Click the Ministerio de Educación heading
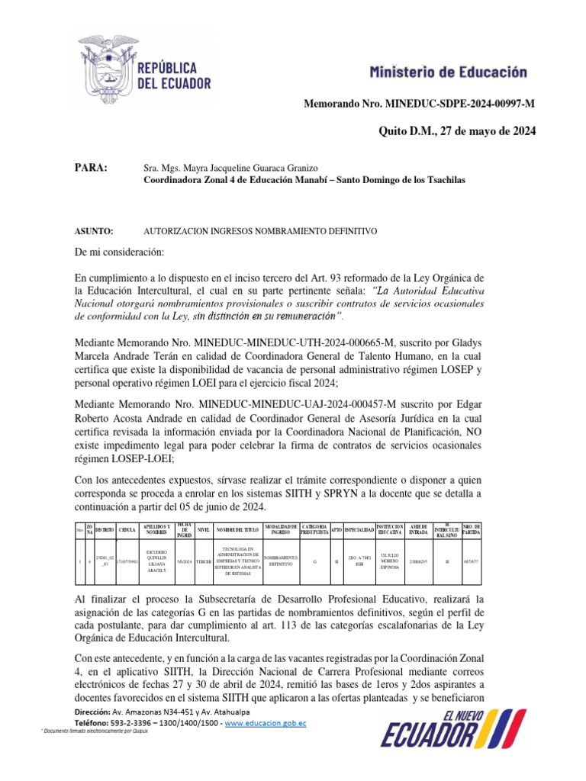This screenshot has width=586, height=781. (448, 72)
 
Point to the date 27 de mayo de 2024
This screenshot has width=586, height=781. (478, 131)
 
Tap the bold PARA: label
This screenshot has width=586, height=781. (90, 168)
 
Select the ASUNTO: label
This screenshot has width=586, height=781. (94, 230)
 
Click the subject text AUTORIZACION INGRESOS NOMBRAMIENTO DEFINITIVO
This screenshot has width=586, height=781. (260, 230)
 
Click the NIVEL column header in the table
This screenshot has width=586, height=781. (204, 529)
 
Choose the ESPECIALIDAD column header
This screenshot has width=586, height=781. (358, 529)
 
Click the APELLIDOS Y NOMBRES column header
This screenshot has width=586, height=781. (156, 529)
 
